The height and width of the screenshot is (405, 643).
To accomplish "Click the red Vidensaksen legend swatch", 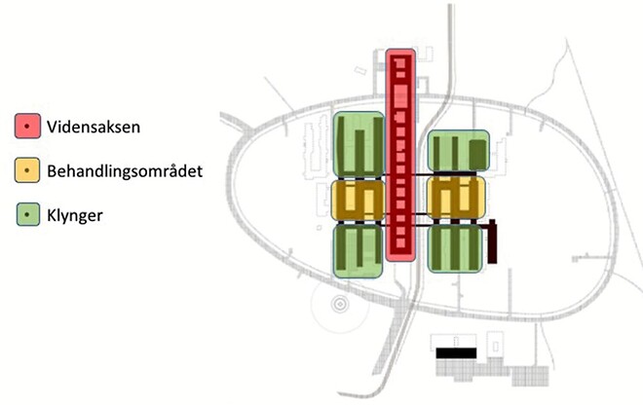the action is click(x=27, y=126).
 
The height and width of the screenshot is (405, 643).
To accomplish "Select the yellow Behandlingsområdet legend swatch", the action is click(x=27, y=170).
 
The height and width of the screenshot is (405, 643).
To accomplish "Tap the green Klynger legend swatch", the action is click(x=28, y=214).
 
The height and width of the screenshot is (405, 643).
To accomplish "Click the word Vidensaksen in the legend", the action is click(x=94, y=128).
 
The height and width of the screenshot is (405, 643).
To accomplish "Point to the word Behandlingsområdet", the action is click(x=125, y=171).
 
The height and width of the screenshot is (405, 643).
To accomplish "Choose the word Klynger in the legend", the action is click(x=75, y=215).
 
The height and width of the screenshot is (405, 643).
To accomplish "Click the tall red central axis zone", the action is click(x=400, y=155).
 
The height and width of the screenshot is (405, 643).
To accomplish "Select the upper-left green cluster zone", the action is click(x=359, y=144).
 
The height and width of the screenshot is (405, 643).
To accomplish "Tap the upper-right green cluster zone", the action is click(x=459, y=151).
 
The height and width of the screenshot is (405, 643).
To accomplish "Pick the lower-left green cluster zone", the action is click(x=358, y=250).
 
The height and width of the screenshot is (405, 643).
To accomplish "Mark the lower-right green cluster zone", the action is click(x=455, y=248).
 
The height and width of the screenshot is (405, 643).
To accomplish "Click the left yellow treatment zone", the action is click(x=358, y=200).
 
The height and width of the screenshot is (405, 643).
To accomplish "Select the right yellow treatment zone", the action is click(x=456, y=198).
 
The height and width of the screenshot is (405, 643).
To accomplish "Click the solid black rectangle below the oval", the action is click(x=456, y=353).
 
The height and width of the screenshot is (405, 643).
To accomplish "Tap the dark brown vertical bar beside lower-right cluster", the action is click(x=492, y=241).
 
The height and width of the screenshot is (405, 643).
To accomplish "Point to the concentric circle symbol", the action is click(x=340, y=304).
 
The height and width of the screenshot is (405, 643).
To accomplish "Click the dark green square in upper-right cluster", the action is click(x=477, y=154).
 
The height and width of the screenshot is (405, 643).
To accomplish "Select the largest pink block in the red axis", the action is click(x=400, y=96).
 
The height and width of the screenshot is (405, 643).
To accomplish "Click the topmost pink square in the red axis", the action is click(x=400, y=63).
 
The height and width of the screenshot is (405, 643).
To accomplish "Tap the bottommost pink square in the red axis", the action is click(x=400, y=242).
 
